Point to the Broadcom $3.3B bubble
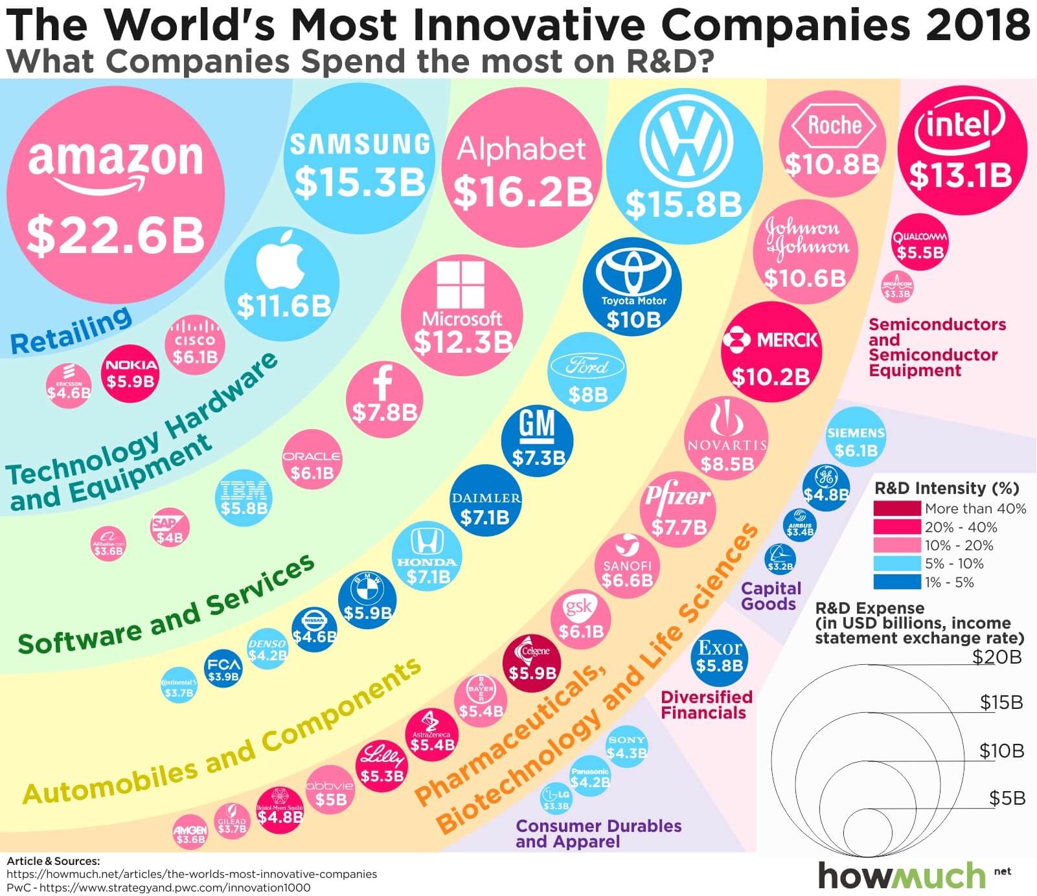pos(897,287)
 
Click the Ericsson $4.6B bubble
pos(68,386)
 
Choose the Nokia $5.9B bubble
pos(130,374)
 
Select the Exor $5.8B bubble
pos(720,656)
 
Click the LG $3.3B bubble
pos(556,798)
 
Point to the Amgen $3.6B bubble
pos(190,833)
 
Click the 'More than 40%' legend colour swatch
pos(896,508)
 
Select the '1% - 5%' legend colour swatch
pos(896,582)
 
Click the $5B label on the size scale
pos(1007,798)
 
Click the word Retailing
pos(71,331)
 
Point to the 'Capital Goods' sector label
pos(771,596)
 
